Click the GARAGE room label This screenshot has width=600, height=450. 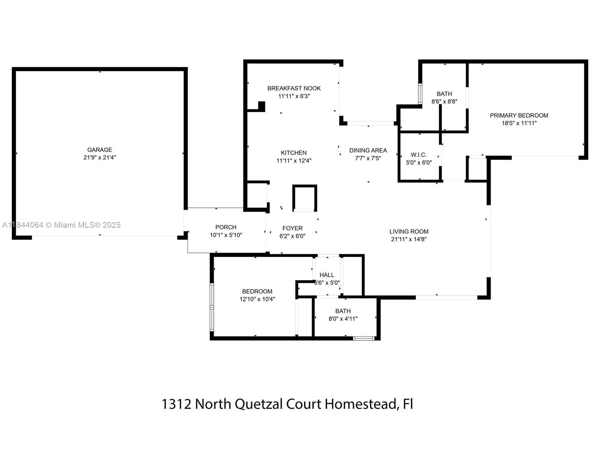click(x=100, y=150)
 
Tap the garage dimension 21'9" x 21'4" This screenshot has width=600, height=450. click(x=100, y=157)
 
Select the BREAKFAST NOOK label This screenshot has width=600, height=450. click(x=294, y=88)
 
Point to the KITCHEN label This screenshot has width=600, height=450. click(x=294, y=153)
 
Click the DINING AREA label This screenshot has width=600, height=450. click(x=368, y=150)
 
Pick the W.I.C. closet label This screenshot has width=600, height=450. click(x=418, y=155)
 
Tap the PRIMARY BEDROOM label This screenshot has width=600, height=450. click(x=519, y=115)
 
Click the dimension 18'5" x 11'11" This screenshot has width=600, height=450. click(x=519, y=123)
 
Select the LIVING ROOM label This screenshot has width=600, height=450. click(x=409, y=232)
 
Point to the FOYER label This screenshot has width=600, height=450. click(x=292, y=228)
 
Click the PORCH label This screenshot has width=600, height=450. click(x=226, y=227)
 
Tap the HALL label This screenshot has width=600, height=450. click(x=327, y=275)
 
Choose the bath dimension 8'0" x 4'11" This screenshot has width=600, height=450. click(x=343, y=319)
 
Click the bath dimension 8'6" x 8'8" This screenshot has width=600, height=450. click(x=444, y=101)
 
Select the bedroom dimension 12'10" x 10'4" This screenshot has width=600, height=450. click(x=257, y=299)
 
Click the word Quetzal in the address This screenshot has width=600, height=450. click(x=259, y=404)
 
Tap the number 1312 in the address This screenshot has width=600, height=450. click(x=176, y=404)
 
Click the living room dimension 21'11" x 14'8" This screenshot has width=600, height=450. click(x=409, y=239)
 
